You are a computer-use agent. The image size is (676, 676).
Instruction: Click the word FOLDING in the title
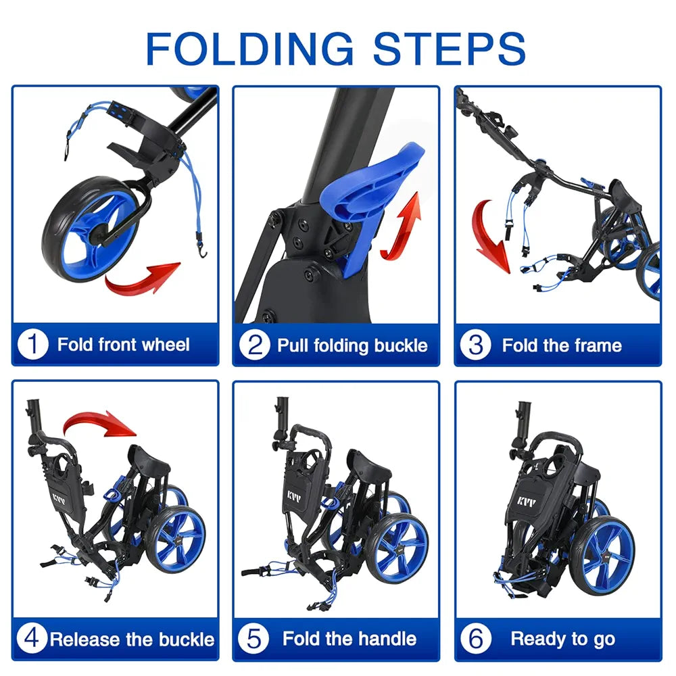pos(250,48)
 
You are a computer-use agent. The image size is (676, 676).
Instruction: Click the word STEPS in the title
pos(450,48)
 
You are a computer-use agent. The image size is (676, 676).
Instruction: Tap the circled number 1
pos(32,344)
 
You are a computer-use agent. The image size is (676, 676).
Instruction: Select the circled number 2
pos(255,345)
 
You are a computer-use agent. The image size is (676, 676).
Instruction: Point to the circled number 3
pos(475,345)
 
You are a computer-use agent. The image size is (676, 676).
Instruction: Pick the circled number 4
pos(32,638)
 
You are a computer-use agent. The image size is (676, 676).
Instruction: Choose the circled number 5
pos(254,639)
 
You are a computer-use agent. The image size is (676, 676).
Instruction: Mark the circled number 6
pos(476,639)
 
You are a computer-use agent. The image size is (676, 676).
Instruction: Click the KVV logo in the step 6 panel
pos(527,502)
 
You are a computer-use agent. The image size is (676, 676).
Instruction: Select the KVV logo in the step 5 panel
pos(295,496)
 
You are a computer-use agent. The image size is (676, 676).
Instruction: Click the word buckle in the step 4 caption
pos(187,639)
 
